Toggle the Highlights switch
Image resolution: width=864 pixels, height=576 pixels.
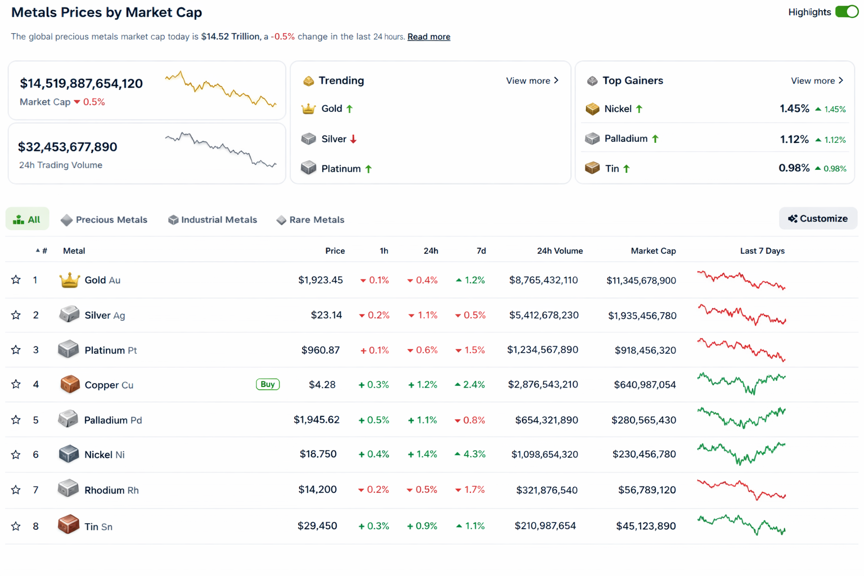pos(846,12)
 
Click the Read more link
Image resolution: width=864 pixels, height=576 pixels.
pos(429,37)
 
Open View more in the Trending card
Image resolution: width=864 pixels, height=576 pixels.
pos(532,81)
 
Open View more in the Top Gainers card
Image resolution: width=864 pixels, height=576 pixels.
pos(817,81)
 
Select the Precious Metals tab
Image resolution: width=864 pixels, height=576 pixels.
pos(104,220)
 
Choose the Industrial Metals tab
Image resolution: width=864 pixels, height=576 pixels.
pos(213,220)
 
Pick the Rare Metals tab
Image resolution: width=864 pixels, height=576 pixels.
pos(310,220)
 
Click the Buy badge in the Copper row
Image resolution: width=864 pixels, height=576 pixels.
pos(268,385)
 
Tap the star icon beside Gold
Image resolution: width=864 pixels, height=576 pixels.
pos(16,280)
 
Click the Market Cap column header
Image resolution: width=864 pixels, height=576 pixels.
pos(653,251)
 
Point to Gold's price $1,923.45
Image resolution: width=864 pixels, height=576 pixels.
pos(320,280)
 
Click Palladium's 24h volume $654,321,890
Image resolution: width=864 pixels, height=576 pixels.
pos(546,420)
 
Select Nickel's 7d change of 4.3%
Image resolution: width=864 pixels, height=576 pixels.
pos(471,454)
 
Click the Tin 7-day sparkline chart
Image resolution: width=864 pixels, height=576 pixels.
pos(741,525)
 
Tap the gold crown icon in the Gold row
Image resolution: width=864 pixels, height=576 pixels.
pos(69,280)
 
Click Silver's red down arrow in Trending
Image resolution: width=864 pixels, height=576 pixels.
pos(353,139)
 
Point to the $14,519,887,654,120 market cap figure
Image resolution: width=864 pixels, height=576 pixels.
pos(82,84)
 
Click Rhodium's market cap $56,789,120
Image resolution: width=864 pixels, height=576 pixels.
pos(647,490)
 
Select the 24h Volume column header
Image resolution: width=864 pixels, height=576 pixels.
pos(560,251)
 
